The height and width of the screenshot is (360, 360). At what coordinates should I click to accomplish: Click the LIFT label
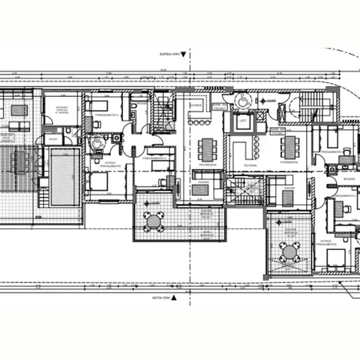[243, 121]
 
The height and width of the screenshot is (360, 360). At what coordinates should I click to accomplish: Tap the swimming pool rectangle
[62, 176]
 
